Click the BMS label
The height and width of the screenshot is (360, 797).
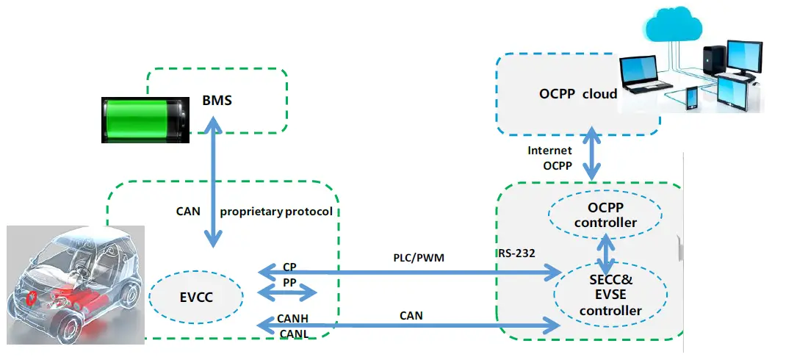tap(217, 100)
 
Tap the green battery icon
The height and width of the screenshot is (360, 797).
tap(145, 120)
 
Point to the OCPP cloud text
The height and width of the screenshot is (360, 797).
tap(578, 94)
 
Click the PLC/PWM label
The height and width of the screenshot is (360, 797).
tap(419, 259)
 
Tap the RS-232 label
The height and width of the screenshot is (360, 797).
tap(517, 253)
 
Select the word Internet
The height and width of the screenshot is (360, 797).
tap(549, 151)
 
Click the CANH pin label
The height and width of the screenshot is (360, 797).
tap(293, 319)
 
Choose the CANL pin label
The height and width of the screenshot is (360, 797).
tap(295, 334)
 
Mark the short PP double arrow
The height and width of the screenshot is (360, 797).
tap(288, 292)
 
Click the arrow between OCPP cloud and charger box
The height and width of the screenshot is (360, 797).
tap(592, 153)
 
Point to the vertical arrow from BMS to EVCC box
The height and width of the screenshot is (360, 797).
tap(213, 181)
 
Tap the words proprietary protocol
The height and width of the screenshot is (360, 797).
tap(276, 212)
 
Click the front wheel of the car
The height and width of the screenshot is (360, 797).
tap(69, 325)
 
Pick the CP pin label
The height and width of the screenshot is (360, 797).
tap(289, 267)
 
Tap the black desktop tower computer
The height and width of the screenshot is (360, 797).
tap(714, 60)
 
